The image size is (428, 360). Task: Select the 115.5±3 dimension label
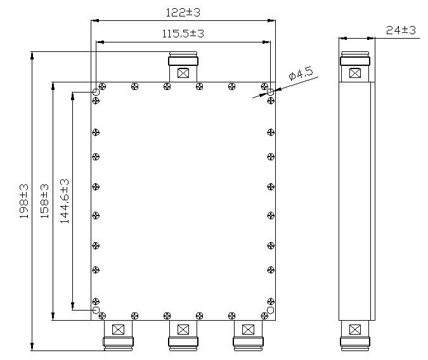[183, 34]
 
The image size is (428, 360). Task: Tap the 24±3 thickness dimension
[400, 30]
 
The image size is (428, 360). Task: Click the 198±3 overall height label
[24, 202]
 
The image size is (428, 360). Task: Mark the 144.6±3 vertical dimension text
[64, 202]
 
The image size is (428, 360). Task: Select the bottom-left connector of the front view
[118, 335]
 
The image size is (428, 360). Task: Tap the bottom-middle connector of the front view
[183, 335]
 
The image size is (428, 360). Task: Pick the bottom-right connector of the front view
[248, 335]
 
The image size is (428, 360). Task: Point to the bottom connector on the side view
[356, 335]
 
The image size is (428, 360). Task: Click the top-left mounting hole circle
[96, 93]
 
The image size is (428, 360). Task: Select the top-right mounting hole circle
[271, 93]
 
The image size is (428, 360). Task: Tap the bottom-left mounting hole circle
[96, 310]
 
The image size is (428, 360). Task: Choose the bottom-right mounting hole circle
[271, 310]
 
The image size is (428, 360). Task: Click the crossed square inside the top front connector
[183, 74]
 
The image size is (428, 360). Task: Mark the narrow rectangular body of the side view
[356, 202]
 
